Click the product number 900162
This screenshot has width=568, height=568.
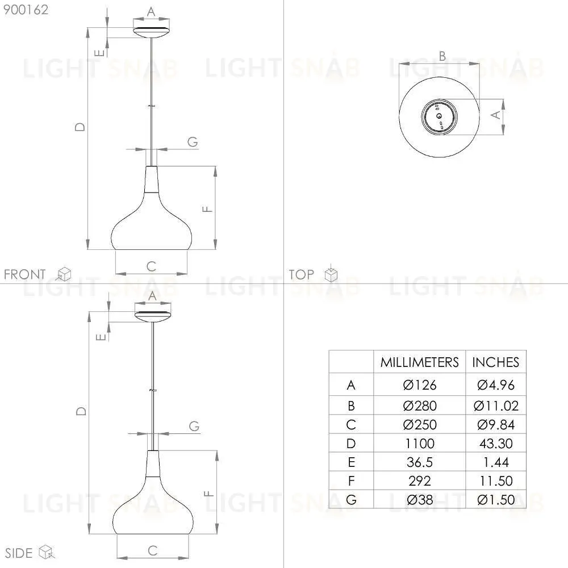pos(26,10)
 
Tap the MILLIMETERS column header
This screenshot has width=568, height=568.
pos(420,362)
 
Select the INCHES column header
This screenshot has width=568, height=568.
pos(495,362)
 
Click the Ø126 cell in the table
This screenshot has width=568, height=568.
pos(420,385)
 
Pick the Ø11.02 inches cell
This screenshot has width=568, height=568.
pos(495,406)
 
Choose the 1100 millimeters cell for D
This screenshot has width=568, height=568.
pos(420,444)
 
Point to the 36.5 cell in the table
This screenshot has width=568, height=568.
pos(420,462)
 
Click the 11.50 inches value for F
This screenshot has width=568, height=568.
pos(495,481)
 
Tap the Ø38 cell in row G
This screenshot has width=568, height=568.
pos(420,500)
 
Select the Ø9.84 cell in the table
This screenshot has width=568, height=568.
pos(495,424)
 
